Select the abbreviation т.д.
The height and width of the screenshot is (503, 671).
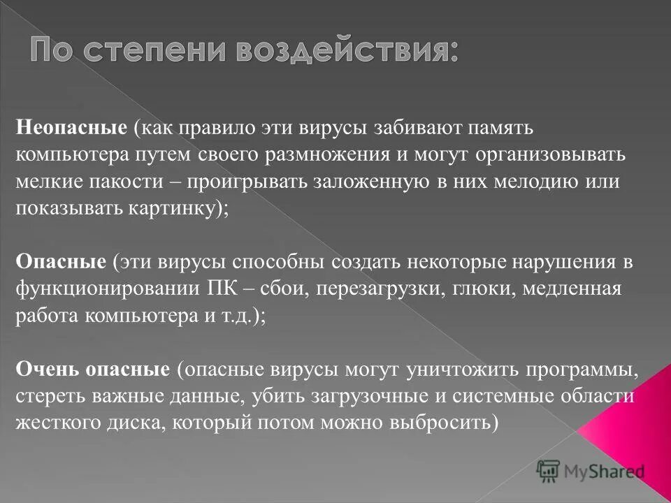[x=236, y=315]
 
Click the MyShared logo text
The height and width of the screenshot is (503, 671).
[x=604, y=472]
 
